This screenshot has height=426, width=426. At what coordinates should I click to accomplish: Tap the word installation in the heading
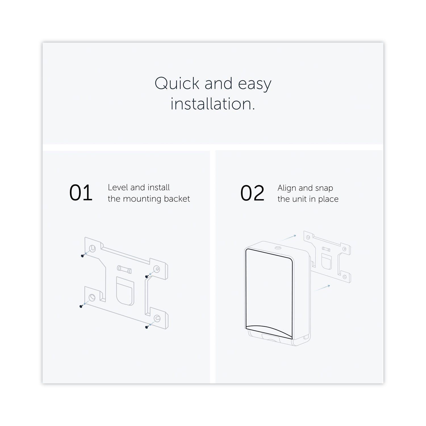211,104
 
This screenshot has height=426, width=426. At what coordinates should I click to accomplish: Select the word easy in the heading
255,85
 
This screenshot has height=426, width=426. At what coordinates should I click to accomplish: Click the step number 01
81,193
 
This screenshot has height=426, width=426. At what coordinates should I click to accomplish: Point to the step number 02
252,193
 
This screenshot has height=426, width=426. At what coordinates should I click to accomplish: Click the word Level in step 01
118,187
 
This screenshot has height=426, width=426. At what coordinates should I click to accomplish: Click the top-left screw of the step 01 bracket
83,256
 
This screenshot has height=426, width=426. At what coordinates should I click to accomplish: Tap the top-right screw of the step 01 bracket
147,276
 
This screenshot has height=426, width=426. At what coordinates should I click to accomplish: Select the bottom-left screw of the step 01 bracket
81,306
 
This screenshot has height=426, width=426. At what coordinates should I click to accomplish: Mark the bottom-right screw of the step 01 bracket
147,327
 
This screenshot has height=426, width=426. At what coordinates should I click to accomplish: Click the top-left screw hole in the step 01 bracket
92,249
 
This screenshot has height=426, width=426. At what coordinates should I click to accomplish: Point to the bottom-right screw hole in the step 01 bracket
157,318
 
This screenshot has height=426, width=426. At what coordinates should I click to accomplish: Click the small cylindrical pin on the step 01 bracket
124,269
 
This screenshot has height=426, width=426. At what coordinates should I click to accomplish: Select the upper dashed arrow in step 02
288,238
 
